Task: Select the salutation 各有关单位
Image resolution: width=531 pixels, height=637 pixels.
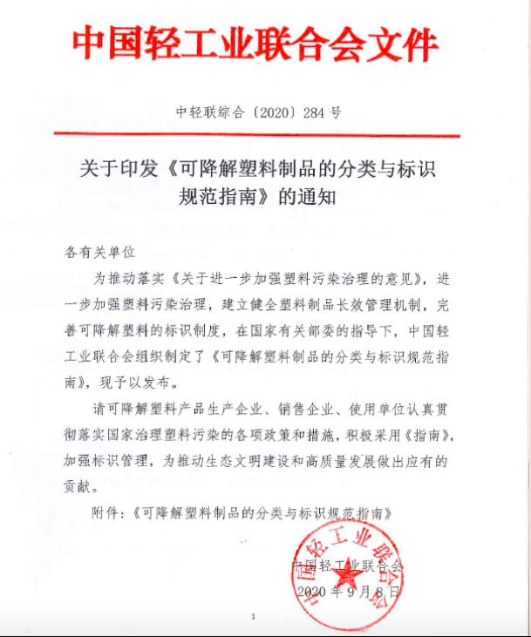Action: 101,252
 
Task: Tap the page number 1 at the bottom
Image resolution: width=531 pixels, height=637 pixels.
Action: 253,616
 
